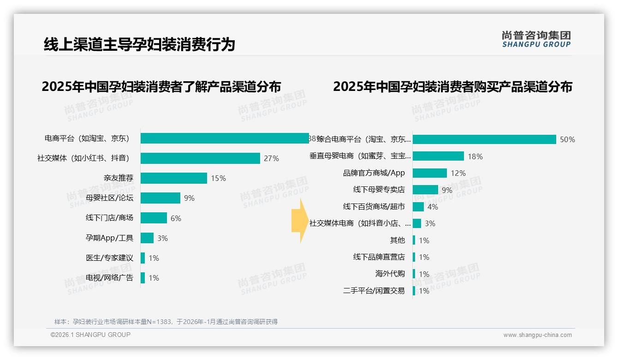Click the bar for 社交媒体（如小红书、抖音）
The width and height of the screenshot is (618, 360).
coord(200,158)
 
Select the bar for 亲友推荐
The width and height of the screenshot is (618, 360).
coord(174,178)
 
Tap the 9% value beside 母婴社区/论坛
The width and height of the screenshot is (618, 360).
coord(189,198)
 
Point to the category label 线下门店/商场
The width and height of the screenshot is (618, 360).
coord(109,218)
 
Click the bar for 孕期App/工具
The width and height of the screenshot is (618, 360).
coord(147,238)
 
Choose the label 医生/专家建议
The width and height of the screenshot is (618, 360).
coord(109,258)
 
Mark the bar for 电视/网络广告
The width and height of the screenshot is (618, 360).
coord(143,278)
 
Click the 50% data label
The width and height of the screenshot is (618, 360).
coord(567,139)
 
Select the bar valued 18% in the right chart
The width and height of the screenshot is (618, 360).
coord(438,156)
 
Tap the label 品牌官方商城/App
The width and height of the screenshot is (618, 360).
coord(374,173)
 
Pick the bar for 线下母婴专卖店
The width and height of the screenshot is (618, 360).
coord(425,190)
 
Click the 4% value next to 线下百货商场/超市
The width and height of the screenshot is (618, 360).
coord(433,207)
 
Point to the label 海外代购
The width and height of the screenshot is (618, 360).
coord(390,274)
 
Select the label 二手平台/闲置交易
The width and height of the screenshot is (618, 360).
coord(374,291)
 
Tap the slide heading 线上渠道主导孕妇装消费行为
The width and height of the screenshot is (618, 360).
coord(139,44)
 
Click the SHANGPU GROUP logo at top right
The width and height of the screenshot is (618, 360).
coord(536,39)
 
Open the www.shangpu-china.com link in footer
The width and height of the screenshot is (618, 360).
coord(537,335)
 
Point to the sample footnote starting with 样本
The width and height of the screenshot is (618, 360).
coord(166,322)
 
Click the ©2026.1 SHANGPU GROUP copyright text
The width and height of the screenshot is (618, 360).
coord(91,335)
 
